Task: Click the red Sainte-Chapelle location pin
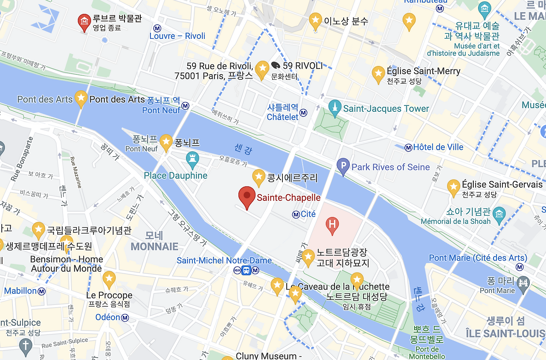click(247, 197)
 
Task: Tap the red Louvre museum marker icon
click(84, 22)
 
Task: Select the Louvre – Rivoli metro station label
click(177, 36)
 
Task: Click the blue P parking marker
click(343, 166)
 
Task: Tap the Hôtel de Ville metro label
click(438, 147)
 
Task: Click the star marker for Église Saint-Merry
click(378, 74)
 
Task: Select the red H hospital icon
click(332, 224)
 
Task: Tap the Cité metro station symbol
click(296, 214)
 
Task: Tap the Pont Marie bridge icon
click(523, 282)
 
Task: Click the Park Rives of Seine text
click(390, 167)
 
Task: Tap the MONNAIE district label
click(154, 246)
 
